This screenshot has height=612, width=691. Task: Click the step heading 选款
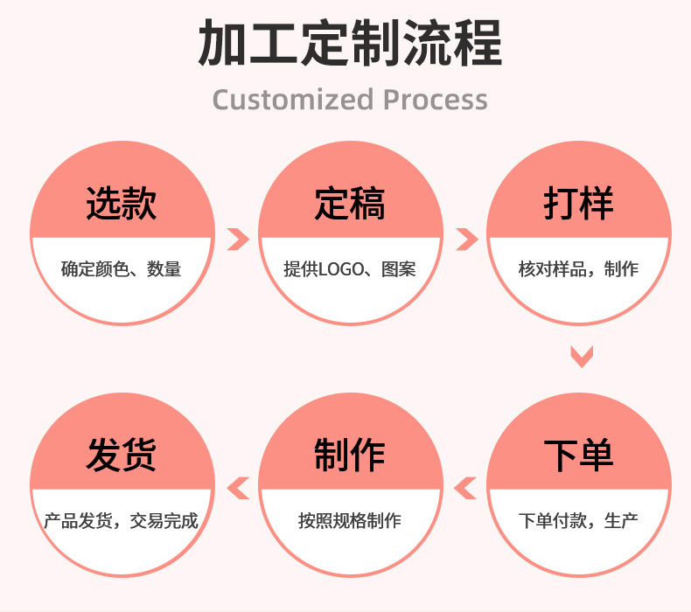122,204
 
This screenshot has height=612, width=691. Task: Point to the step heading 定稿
350,204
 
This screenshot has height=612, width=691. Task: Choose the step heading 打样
578,204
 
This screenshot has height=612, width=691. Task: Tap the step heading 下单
578,456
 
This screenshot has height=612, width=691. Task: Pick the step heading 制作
350,456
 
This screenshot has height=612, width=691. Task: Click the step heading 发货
122,456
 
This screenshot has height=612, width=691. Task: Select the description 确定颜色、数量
122,269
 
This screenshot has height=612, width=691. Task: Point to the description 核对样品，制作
578,269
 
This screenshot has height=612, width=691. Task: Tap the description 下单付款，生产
578,521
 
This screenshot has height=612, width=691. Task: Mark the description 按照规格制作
350,521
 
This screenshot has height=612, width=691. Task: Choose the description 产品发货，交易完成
122,521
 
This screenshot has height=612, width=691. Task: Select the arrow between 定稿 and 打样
466,238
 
